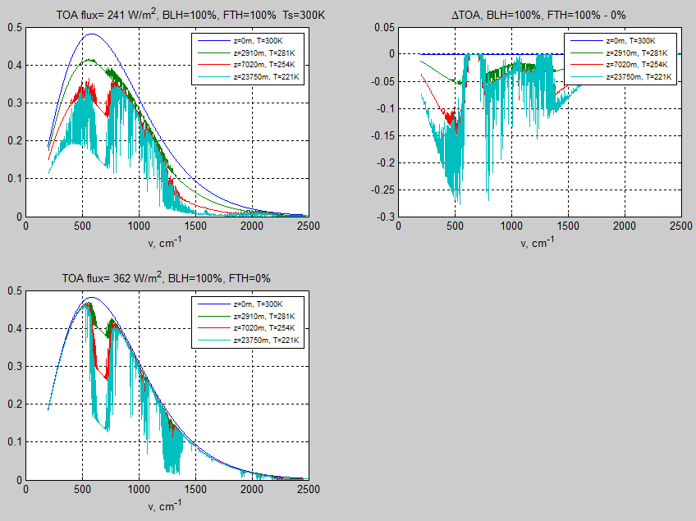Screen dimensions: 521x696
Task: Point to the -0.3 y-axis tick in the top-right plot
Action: coord(381,217)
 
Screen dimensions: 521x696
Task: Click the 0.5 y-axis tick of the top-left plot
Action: coord(14,28)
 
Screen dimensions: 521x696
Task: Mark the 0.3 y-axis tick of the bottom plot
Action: coord(14,367)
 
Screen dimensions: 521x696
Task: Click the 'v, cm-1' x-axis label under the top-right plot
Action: coord(538,243)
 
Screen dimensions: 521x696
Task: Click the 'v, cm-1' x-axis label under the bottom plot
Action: coord(167,506)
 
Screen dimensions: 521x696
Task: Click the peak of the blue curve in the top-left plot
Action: coord(91,34)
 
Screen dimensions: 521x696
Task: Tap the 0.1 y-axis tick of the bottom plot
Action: coord(14,442)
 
